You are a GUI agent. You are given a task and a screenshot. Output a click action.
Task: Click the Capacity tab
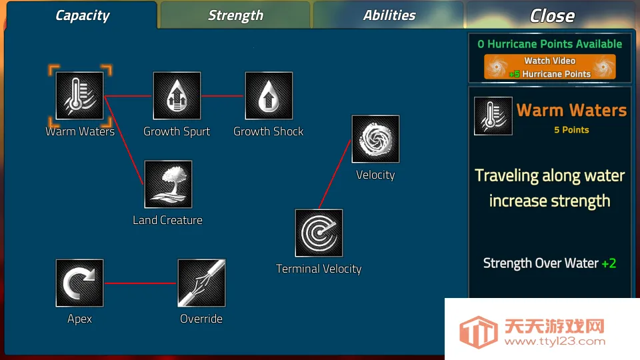[81, 15]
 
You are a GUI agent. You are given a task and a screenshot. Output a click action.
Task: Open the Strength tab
[235, 15]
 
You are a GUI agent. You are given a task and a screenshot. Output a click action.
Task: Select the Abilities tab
[389, 15]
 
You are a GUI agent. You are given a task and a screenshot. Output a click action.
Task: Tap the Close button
[552, 15]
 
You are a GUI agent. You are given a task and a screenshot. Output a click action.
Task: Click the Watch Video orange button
[550, 67]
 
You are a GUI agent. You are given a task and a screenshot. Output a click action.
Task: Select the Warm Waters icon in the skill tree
[79, 96]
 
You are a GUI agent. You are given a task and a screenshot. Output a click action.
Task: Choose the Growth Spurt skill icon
[177, 96]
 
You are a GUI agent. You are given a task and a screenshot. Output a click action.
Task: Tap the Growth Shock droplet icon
[269, 96]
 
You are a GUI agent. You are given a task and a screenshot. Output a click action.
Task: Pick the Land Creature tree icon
[168, 185]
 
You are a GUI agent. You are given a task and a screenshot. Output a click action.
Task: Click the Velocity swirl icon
[375, 139]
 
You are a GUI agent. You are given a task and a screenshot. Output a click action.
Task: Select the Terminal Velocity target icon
[319, 233]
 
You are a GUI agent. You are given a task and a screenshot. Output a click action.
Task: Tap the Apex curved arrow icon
[79, 283]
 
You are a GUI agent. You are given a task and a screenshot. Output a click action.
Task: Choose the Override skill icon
[201, 283]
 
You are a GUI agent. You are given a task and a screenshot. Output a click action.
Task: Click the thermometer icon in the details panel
[493, 116]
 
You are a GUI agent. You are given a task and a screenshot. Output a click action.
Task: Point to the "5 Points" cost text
[571, 130]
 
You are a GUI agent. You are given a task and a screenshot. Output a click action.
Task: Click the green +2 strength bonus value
[609, 263]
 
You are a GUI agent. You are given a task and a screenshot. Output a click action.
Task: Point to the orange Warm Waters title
[571, 110]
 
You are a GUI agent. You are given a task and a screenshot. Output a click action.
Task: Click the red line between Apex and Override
[141, 283]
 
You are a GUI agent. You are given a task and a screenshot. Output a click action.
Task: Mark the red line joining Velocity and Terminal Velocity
[335, 174]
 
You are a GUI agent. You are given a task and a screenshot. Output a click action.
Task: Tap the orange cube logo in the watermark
[479, 332]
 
